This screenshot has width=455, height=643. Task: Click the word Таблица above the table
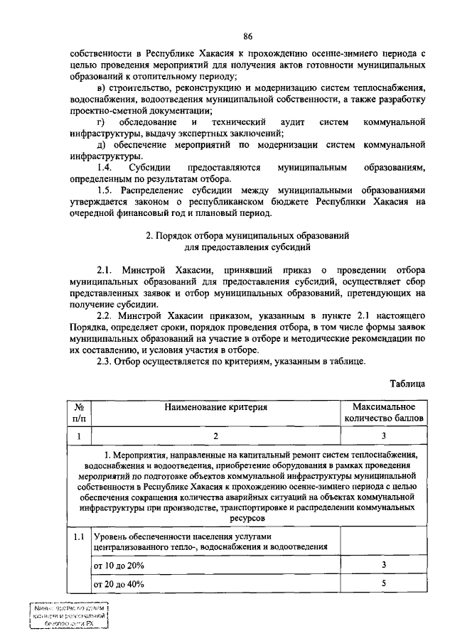[407, 384]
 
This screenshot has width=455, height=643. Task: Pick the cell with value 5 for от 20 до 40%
[383, 584]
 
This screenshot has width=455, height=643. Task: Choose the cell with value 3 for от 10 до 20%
[383, 565]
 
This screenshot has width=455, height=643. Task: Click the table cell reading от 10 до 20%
[119, 566]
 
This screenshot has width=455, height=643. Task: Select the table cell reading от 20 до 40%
[119, 585]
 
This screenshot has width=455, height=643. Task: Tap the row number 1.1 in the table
[79, 536]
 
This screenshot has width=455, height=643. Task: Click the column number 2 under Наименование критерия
[216, 436]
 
